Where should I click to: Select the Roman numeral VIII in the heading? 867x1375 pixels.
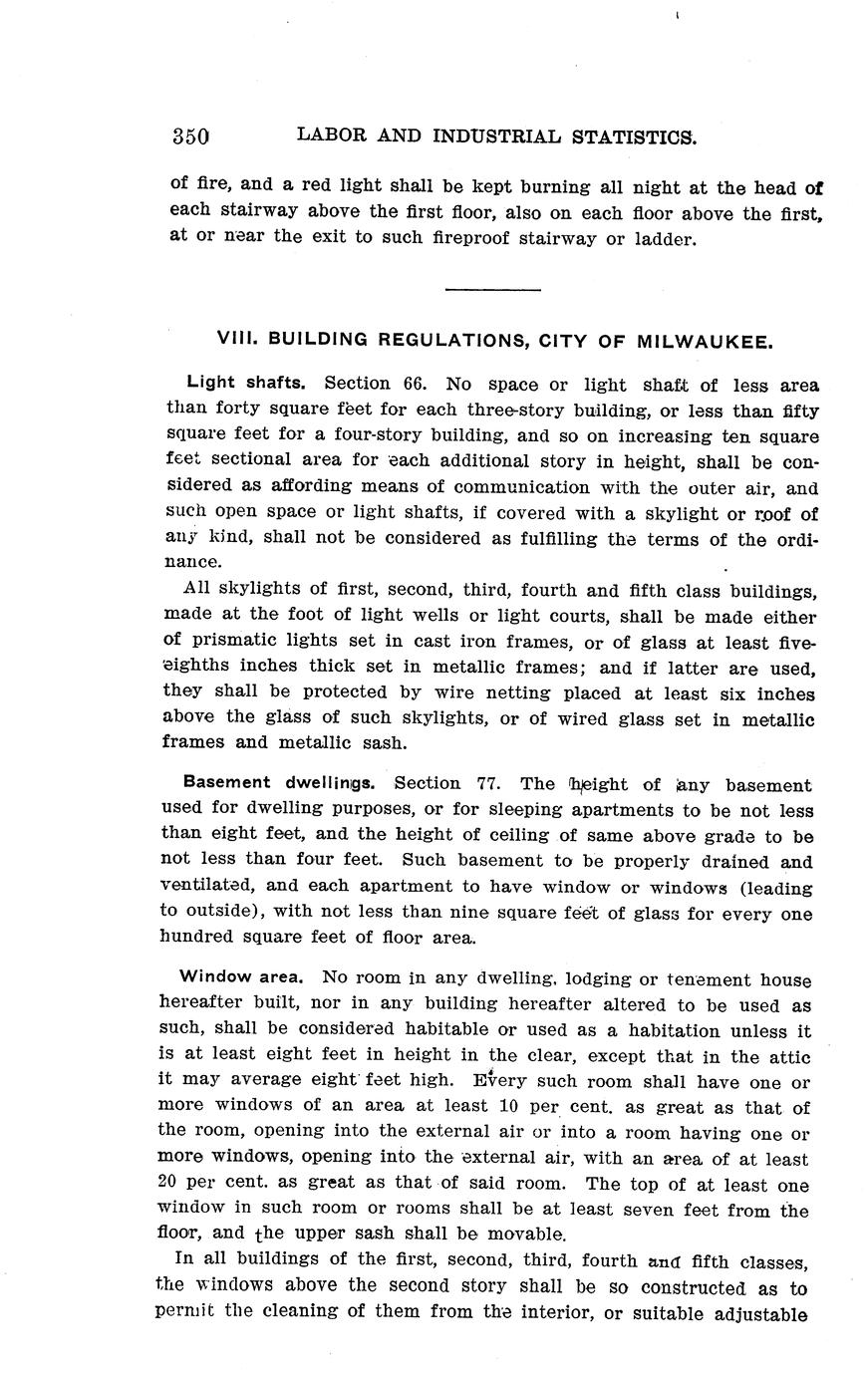click(234, 340)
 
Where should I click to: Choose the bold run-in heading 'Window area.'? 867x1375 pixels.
click(241, 978)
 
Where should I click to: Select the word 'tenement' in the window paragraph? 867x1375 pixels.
click(694, 979)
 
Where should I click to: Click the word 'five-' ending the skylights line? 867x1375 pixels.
click(796, 642)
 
